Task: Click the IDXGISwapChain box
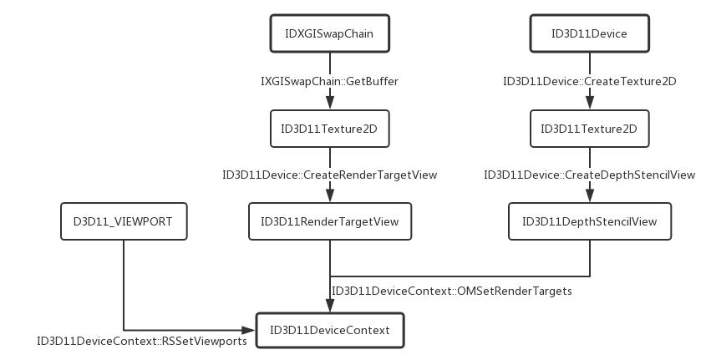(330, 34)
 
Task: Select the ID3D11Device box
(589, 34)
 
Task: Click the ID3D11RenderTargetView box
(330, 221)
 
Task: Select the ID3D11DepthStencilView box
(589, 221)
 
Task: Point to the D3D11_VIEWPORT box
(124, 221)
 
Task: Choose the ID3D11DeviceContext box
(330, 330)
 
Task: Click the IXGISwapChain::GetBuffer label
(330, 81)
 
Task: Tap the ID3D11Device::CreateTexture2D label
(589, 81)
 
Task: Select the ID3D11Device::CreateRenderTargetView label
(330, 175)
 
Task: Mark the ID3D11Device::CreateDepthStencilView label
(589, 175)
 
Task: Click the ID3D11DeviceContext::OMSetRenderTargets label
(452, 291)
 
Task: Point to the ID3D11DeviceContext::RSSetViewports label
(141, 341)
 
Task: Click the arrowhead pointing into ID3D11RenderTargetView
(330, 196)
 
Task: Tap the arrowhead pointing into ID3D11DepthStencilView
(589, 196)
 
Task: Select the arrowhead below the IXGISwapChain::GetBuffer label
(330, 102)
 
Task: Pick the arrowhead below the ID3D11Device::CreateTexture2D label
(589, 102)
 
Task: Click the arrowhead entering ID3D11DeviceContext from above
(330, 307)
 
